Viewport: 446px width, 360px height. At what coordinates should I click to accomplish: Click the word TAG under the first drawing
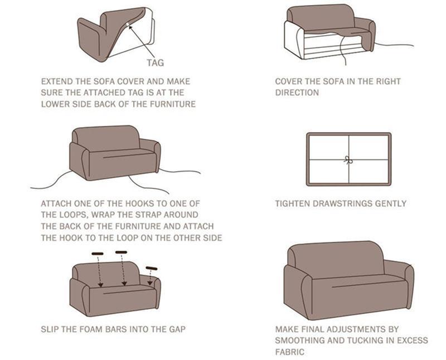click(155, 63)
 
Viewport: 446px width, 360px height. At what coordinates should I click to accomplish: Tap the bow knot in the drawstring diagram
click(348, 159)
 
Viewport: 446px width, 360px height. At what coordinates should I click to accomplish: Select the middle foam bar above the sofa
click(121, 252)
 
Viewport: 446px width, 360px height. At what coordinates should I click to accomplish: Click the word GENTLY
click(390, 203)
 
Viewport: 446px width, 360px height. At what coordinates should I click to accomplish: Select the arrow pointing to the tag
click(143, 38)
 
